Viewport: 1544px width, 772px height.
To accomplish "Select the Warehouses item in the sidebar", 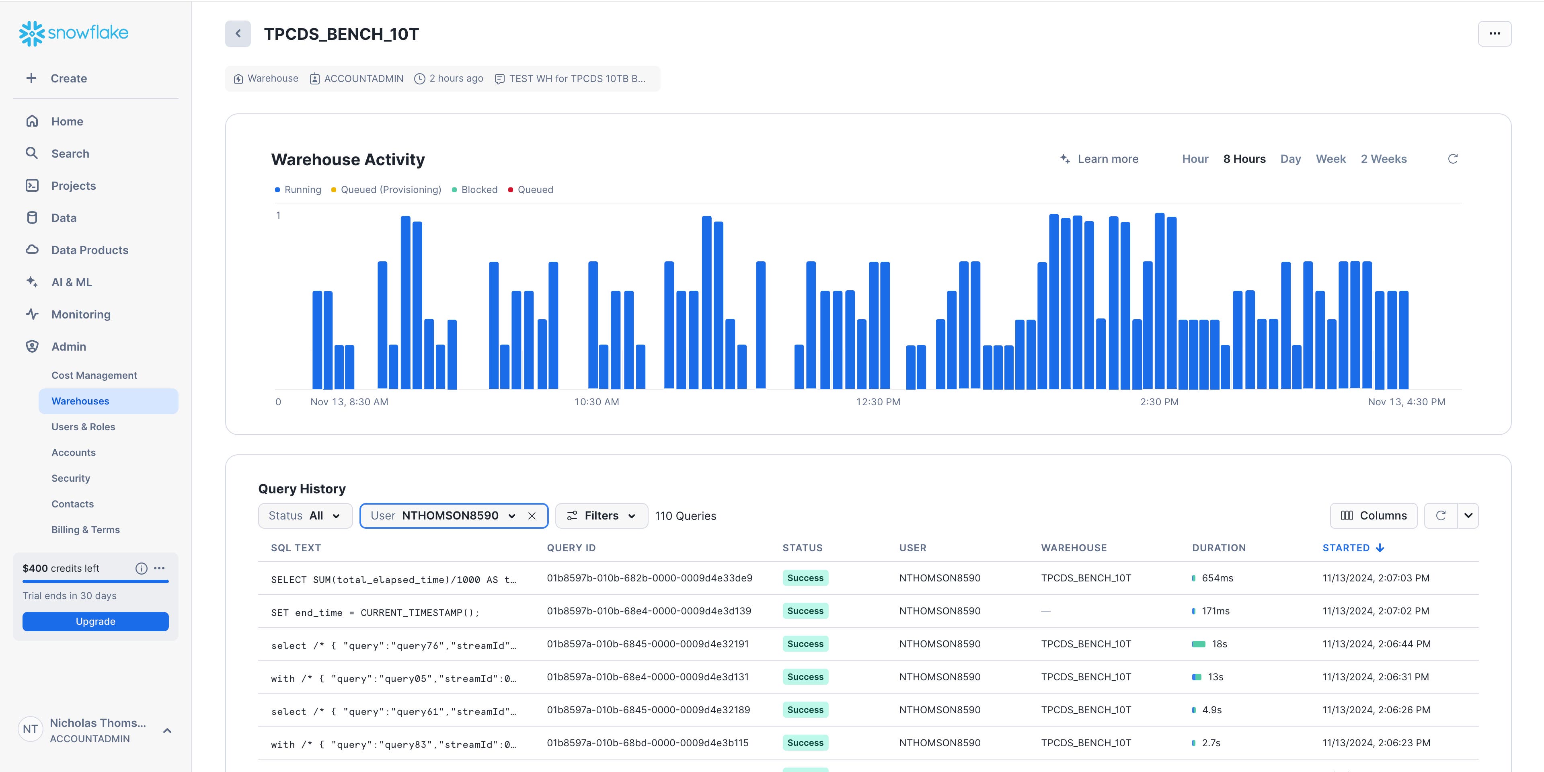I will (80, 401).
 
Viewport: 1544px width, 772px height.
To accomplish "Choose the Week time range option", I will (1330, 159).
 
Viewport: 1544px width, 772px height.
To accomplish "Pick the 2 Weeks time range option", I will (1383, 159).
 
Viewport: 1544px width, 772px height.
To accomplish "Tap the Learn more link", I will (1107, 159).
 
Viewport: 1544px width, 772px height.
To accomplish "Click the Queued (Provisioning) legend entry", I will (390, 189).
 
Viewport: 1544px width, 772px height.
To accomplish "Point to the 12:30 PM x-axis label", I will (877, 402).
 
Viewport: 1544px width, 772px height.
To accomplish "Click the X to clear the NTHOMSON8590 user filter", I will (532, 515).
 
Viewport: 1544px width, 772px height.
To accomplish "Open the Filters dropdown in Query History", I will (601, 515).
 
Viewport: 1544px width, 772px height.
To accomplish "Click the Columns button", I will (1373, 515).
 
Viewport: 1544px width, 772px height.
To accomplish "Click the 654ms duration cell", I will (1217, 578).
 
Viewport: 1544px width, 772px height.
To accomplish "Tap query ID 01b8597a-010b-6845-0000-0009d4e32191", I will (647, 644).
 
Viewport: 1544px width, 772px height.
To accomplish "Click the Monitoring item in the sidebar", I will (81, 314).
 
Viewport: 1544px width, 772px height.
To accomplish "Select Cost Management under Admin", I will (94, 375).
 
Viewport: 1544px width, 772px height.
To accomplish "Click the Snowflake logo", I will (74, 33).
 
